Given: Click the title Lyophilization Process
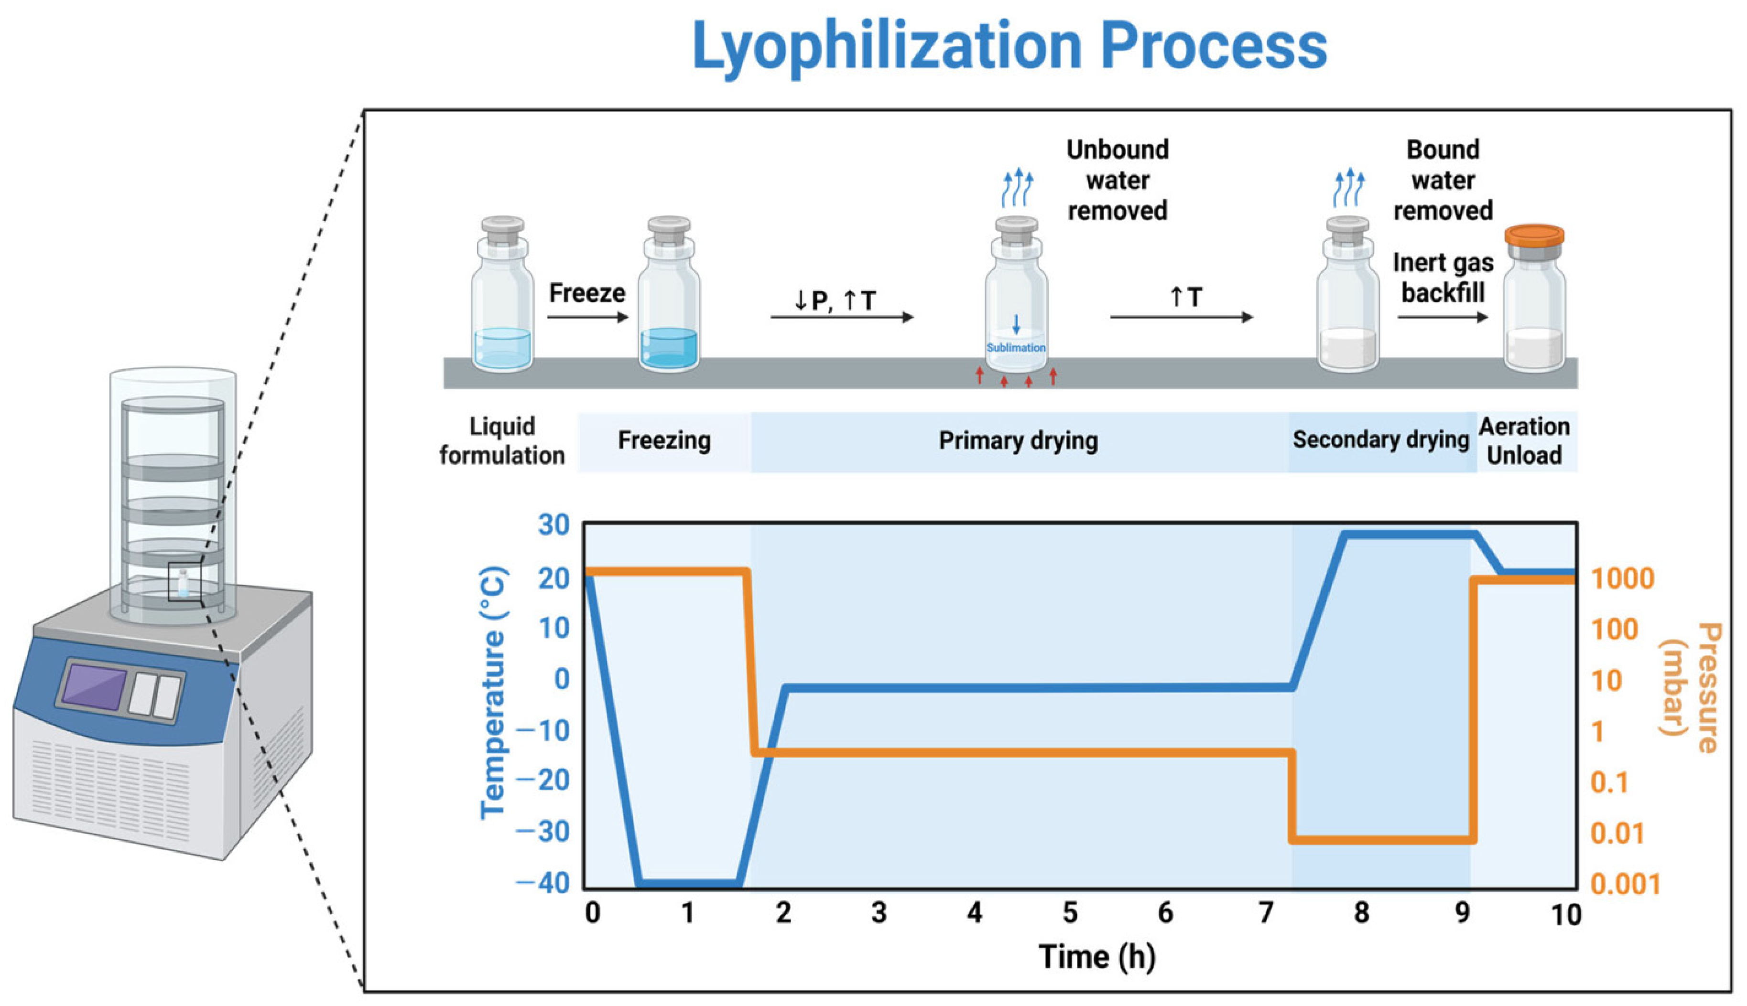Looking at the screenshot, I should (1009, 45).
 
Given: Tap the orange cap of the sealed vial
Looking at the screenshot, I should (1534, 235).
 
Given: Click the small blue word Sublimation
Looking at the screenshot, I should (1016, 348).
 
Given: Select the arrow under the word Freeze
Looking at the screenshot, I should (587, 317).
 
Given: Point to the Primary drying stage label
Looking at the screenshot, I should (1018, 441).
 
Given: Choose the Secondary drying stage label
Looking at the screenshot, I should (1380, 439).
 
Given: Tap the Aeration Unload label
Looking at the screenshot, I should (1524, 441).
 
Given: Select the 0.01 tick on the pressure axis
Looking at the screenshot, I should (1617, 833).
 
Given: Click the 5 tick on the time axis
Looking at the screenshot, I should (1070, 913).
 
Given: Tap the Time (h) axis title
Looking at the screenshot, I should (1097, 957).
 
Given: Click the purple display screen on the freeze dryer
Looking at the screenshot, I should (94, 685).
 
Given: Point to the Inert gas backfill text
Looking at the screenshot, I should (1443, 278).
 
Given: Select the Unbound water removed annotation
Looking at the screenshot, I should (1117, 181).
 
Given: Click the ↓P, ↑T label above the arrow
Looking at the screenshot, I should (835, 300).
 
